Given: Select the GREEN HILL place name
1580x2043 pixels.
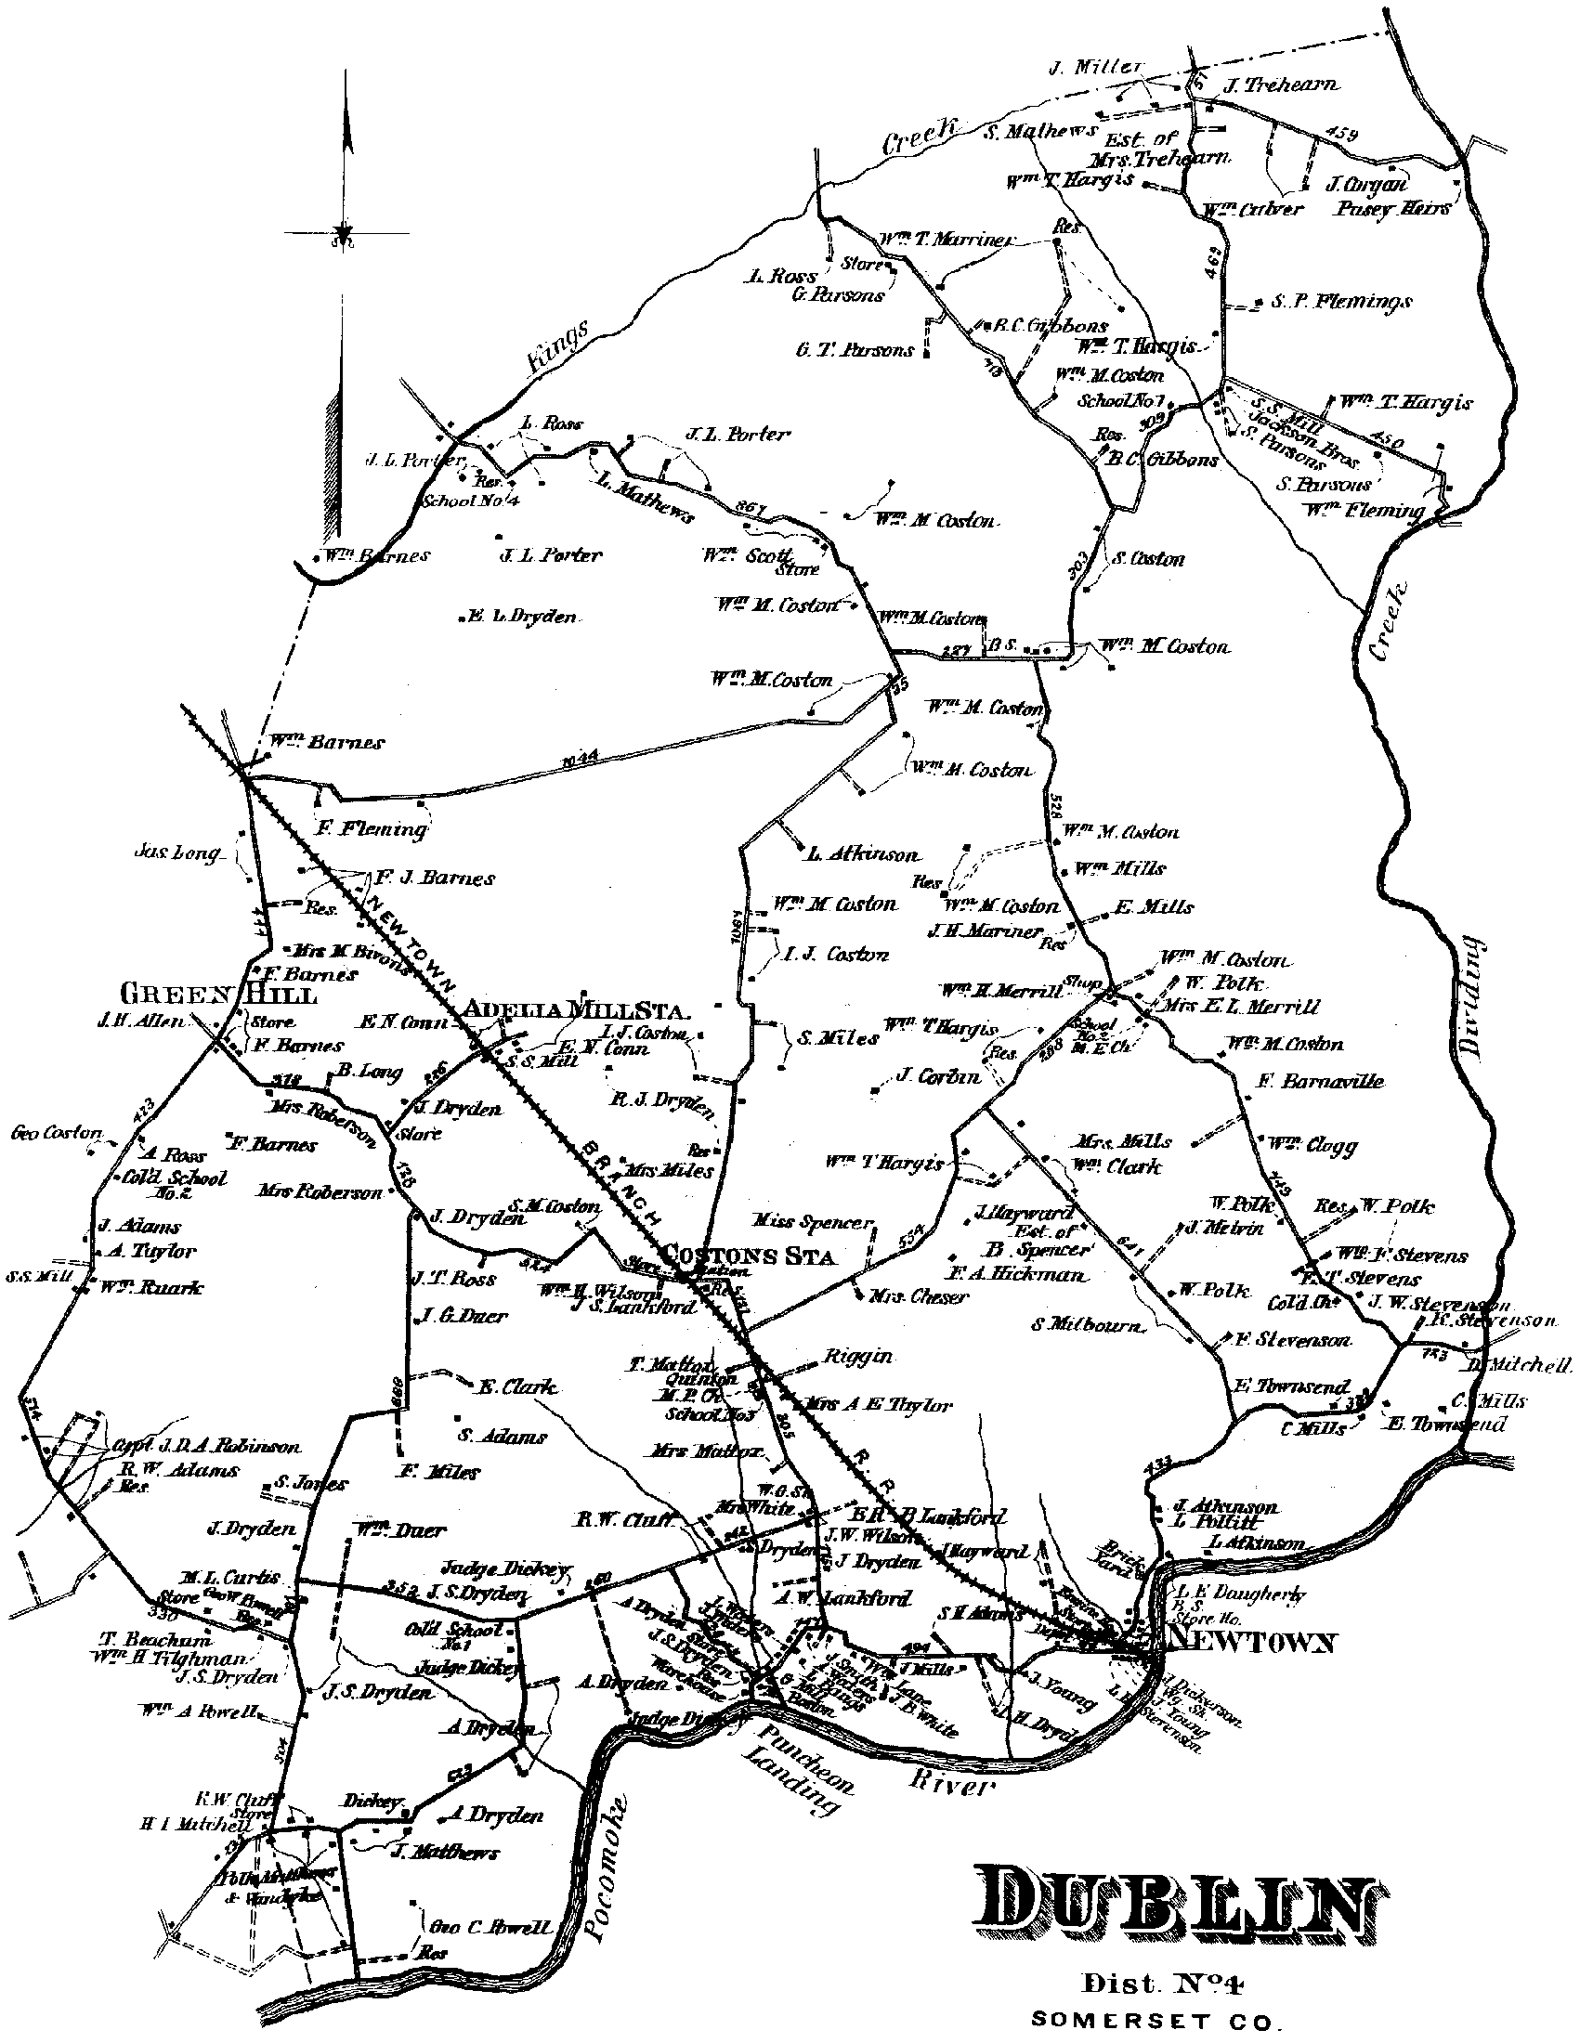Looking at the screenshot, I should [219, 994].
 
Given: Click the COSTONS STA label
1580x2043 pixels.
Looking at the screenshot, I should [749, 1255].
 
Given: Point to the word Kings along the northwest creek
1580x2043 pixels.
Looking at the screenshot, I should [559, 347].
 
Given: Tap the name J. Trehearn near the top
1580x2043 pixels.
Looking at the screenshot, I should [1280, 85].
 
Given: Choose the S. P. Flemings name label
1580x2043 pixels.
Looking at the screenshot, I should [1340, 302].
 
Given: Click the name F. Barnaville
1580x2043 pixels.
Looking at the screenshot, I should [1319, 1081].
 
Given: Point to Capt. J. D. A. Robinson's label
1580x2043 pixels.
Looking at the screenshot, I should [207, 1446].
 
